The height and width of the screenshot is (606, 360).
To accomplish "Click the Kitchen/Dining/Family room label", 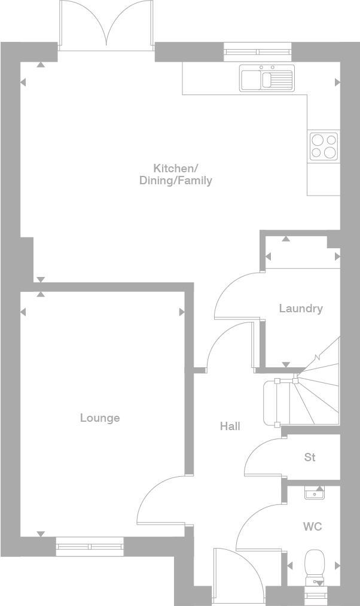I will pyautogui.click(x=175, y=174).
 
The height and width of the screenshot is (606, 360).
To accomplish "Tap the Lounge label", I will pyautogui.click(x=100, y=418).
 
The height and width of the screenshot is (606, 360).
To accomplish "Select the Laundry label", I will pyautogui.click(x=301, y=308).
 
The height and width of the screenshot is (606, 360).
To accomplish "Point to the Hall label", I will pyautogui.click(x=230, y=426).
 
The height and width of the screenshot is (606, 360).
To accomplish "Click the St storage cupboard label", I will pyautogui.click(x=310, y=457).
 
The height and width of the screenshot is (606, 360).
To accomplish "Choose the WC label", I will pyautogui.click(x=312, y=526).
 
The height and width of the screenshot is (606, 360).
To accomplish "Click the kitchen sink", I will pyautogui.click(x=267, y=78).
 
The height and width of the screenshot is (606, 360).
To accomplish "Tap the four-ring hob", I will pyautogui.click(x=324, y=145).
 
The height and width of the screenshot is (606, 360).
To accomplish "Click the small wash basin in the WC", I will pyautogui.click(x=314, y=494).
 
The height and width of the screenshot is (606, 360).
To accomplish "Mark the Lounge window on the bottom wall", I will pyautogui.click(x=90, y=546).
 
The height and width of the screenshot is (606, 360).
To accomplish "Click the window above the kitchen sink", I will pyautogui.click(x=258, y=52).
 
